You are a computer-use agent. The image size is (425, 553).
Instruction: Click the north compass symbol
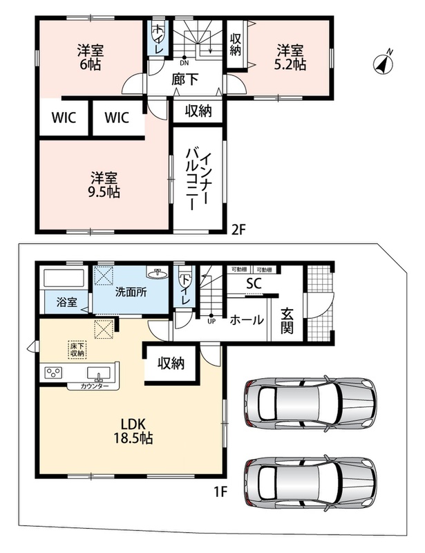[x=384, y=63]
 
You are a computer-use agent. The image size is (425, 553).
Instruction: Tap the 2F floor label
[x=238, y=230]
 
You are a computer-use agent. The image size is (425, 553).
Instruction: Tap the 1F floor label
[x=220, y=491]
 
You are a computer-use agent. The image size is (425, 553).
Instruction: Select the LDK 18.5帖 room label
[x=133, y=431]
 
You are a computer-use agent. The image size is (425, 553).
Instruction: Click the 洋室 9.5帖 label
[x=104, y=185]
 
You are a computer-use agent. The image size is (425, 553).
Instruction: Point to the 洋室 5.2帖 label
[x=291, y=57]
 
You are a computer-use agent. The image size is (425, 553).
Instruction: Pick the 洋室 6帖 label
[x=91, y=57]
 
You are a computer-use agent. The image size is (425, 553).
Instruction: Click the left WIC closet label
[x=64, y=118]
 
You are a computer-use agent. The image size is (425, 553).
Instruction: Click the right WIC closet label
[x=117, y=118]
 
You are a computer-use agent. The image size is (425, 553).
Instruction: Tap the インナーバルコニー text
[x=198, y=180]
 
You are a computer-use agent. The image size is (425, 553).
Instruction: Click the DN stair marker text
[x=184, y=64]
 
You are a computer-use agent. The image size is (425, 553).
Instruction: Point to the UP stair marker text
[x=211, y=321]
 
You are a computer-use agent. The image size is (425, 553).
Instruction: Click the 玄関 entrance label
[x=287, y=321]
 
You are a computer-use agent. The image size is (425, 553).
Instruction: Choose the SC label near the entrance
[x=254, y=283]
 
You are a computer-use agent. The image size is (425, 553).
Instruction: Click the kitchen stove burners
[x=53, y=373]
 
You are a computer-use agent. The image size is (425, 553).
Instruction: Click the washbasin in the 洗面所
[x=156, y=273]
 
